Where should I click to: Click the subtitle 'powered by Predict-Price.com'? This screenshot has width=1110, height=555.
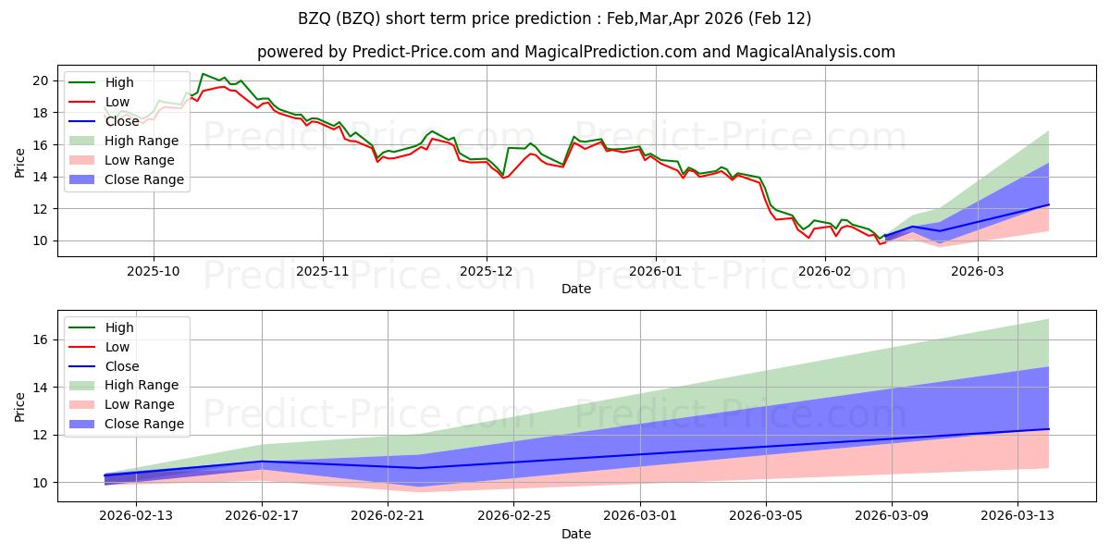(x=371, y=52)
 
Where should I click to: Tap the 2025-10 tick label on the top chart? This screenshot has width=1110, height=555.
(x=154, y=271)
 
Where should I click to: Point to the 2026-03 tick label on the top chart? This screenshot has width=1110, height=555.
(x=977, y=271)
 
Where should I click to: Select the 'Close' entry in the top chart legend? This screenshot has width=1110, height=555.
(x=123, y=121)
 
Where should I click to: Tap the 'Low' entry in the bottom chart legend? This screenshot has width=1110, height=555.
(x=117, y=347)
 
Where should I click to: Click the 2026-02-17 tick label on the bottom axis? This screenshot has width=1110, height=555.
(x=262, y=516)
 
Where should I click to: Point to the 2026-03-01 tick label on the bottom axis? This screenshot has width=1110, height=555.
(x=640, y=516)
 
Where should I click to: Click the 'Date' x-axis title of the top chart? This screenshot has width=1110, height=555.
(x=575, y=290)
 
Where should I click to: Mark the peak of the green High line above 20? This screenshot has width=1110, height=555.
(x=203, y=74)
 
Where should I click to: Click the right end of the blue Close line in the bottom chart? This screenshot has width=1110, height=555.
(x=1048, y=428)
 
